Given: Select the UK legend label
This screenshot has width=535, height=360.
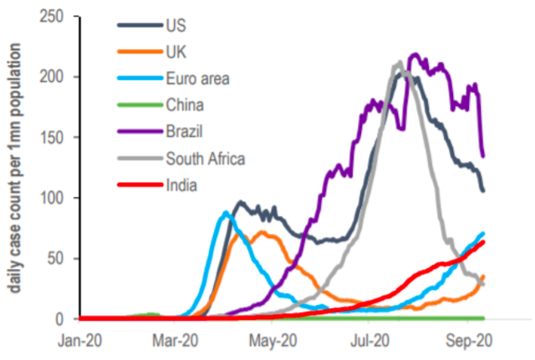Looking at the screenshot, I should point(176,52).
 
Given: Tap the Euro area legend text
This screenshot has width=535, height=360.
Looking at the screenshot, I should point(198,79).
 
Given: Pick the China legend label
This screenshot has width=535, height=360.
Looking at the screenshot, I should point(184,105).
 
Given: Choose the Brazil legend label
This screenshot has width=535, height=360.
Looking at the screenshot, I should point(184,132).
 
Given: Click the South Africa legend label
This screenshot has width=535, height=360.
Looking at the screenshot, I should point(205,158).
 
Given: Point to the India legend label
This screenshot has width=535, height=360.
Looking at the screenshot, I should point(181,185).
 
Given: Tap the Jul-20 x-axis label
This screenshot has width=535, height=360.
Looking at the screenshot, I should point(371,340).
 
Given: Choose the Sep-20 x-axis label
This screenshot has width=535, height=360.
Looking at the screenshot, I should point(469,340).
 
